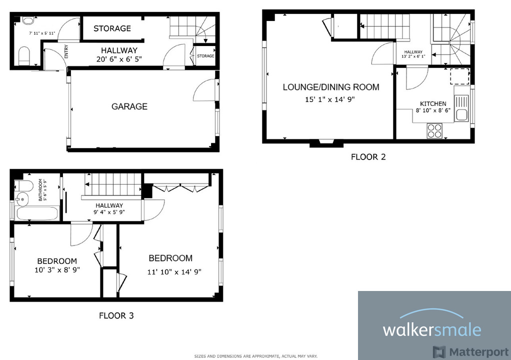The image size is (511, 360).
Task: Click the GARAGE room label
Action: pos(129,106)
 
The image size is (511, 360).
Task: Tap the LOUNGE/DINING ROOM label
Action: pos(331,87)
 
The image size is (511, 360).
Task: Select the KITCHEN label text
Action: pos(433,103)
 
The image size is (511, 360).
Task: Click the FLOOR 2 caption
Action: pos(368,157)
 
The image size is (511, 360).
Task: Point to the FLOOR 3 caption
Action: pos(116,315)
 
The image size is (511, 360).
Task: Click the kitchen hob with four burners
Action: pos(434,130)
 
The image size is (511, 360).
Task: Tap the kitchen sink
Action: pos(461,108)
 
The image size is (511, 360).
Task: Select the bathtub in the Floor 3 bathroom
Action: pos(37,213)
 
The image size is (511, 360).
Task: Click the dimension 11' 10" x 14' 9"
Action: pos(174,272)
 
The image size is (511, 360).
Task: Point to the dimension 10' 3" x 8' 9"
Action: pos(57,269)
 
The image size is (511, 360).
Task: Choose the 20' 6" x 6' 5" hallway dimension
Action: pos(119,59)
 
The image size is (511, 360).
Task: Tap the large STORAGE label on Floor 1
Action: pos(112,28)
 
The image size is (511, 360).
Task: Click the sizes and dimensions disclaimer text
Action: pos(255,356)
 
